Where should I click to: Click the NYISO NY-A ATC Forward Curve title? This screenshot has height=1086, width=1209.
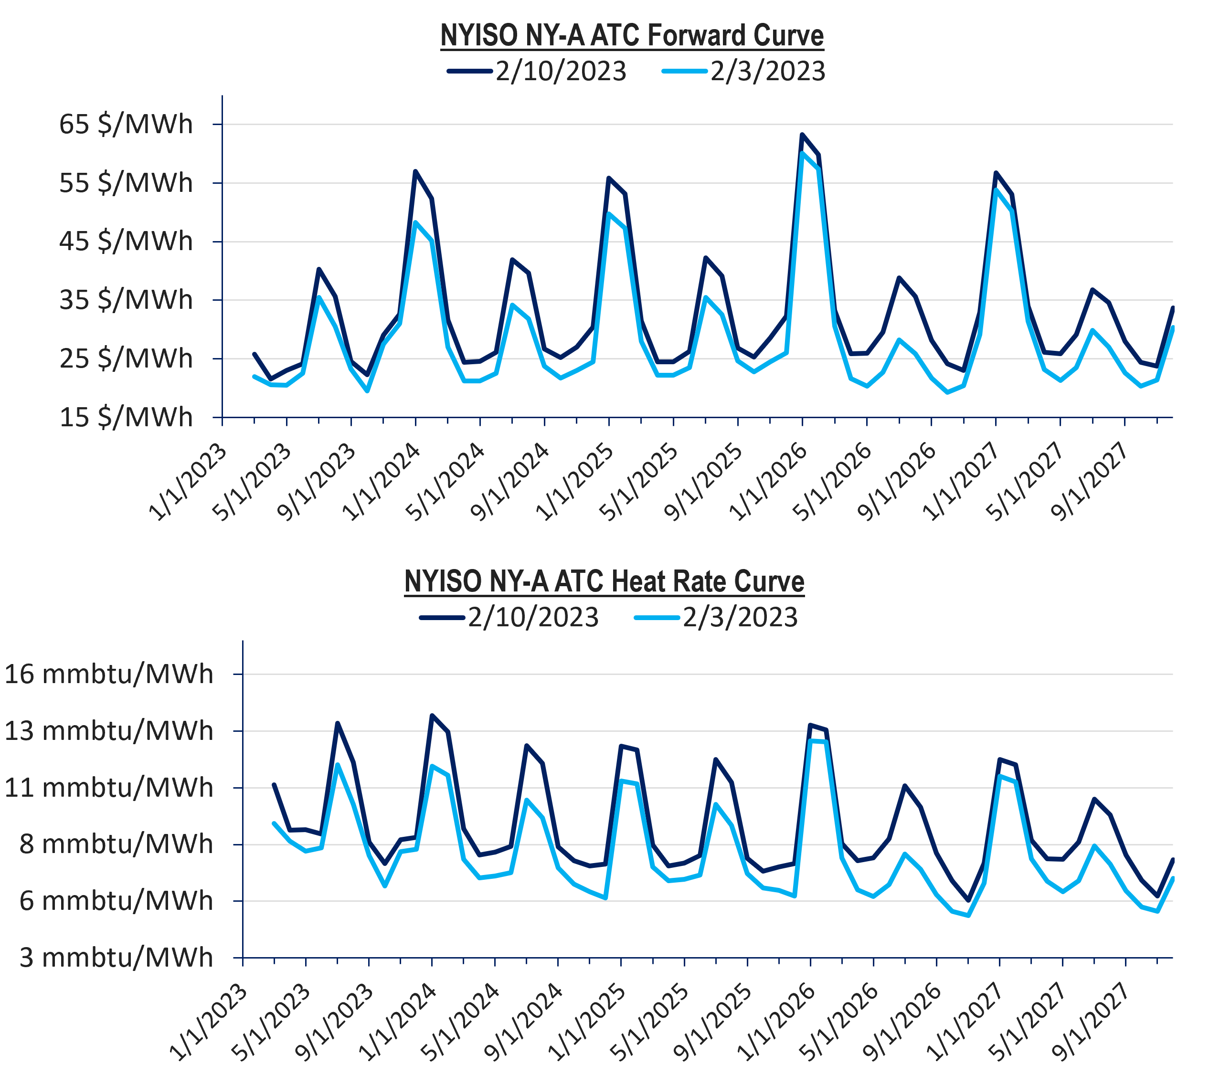(632, 36)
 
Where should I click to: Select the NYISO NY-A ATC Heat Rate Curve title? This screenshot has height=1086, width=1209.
(604, 581)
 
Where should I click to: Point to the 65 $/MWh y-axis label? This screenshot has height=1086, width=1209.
(126, 124)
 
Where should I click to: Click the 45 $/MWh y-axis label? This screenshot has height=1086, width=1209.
(126, 242)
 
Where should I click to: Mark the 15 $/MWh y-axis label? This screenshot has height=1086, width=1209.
(126, 417)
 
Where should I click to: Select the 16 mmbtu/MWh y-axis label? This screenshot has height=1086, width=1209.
(108, 674)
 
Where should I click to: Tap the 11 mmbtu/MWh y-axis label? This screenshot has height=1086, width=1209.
(108, 788)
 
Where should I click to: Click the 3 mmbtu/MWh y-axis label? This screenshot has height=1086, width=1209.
(116, 957)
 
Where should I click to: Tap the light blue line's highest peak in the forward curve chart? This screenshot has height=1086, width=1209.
(802, 153)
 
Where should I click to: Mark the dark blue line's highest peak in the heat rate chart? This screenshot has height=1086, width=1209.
(432, 715)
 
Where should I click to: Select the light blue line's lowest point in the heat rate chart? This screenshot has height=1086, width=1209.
(968, 916)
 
